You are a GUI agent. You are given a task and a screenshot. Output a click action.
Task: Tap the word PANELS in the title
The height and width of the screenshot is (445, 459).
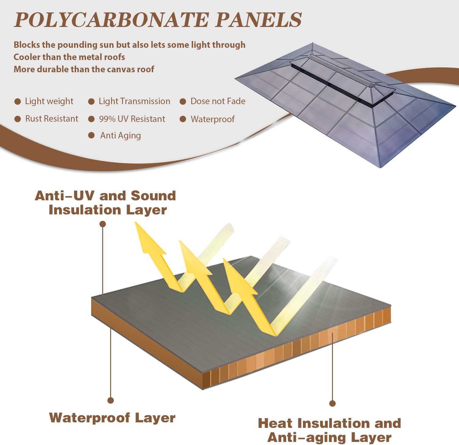[259, 20]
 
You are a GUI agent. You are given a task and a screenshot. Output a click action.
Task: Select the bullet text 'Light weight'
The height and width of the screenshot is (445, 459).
[49, 101]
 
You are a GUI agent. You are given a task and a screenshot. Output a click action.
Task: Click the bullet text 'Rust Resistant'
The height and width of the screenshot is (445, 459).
[52, 119]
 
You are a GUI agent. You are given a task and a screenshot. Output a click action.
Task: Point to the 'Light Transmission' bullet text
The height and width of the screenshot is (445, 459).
[134, 101]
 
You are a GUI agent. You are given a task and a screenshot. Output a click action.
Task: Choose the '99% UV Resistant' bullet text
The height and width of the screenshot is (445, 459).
[132, 119]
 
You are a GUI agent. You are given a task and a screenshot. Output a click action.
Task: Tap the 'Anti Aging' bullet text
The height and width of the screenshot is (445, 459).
[121, 135]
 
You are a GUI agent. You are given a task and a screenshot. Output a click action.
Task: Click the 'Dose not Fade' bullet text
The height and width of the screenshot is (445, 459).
[218, 101]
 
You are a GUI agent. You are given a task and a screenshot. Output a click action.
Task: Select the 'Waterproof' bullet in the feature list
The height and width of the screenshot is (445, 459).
[213, 119]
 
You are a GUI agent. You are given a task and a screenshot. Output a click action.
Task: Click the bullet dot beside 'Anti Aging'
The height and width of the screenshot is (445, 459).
[91, 135]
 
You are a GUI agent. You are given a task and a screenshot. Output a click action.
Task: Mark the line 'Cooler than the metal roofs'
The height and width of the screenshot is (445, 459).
[69, 57]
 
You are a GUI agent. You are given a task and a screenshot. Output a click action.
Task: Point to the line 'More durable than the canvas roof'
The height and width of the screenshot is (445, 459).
[84, 69]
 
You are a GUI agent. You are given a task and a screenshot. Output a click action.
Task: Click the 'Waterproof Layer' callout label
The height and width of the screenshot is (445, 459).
[112, 418]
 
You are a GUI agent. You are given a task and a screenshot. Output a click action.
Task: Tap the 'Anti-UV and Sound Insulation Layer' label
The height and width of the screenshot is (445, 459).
[105, 203]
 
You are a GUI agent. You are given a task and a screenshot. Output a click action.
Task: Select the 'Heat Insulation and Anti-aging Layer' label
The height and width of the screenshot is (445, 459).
[330, 430]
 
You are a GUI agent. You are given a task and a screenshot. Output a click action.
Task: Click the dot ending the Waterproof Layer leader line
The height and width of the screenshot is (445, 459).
[111, 400]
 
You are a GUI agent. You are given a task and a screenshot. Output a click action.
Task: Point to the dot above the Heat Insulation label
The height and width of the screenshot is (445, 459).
[333, 404]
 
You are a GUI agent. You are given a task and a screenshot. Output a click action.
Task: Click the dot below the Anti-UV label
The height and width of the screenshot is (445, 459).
[103, 224]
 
